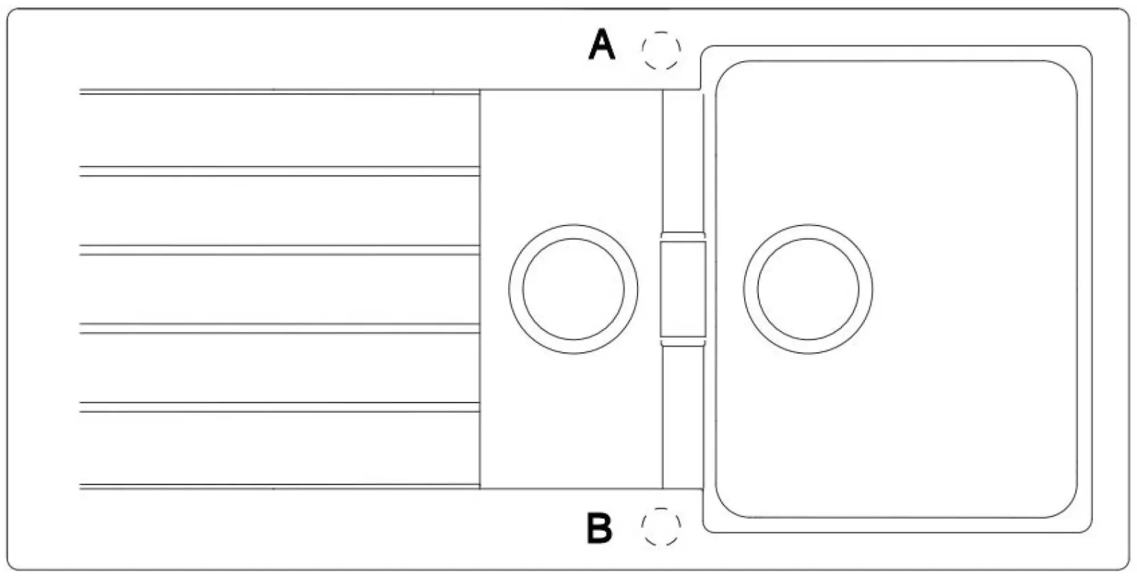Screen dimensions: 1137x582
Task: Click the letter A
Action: coord(601,45)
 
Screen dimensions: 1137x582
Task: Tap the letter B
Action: coord(599,528)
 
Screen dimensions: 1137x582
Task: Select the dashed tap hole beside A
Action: coord(661,50)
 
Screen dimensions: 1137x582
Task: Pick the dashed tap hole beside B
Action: coord(661,527)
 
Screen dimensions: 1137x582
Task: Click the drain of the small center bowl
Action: coord(573,289)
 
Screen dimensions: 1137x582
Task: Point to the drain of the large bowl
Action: coord(808,289)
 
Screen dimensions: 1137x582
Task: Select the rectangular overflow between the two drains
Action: coord(683,289)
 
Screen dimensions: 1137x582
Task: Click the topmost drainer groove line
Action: coord(279,91)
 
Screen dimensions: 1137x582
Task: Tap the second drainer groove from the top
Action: coord(279,171)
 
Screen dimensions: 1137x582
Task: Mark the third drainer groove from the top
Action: coord(279,250)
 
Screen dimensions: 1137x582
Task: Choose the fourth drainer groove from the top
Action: coord(279,328)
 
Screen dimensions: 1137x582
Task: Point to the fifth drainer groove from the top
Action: coord(279,407)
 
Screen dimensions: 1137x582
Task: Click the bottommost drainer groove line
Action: coord(279,486)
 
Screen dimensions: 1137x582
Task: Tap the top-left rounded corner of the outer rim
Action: coord(13,14)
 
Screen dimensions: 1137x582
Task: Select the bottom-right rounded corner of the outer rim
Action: coord(1124,564)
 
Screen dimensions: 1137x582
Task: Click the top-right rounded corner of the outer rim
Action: coord(1124,14)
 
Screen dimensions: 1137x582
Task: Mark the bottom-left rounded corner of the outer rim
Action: coord(13,564)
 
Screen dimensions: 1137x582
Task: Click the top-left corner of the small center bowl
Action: coord(480,90)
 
